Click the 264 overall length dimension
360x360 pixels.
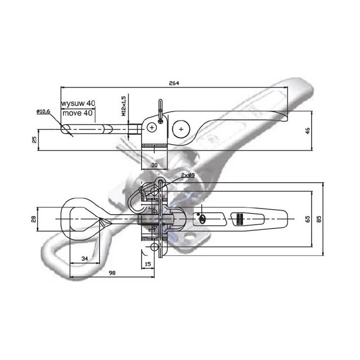pos(174,83)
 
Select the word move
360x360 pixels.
pos(72,113)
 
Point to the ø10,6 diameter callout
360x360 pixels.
pos(43,111)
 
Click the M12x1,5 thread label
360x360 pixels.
pos(124,106)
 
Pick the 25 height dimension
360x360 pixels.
pos(34,139)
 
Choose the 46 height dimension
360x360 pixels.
pos(307,130)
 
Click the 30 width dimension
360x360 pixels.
pos(154,165)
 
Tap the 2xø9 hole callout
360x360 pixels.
pos(188,175)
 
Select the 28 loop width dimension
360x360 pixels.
pos(34,219)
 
